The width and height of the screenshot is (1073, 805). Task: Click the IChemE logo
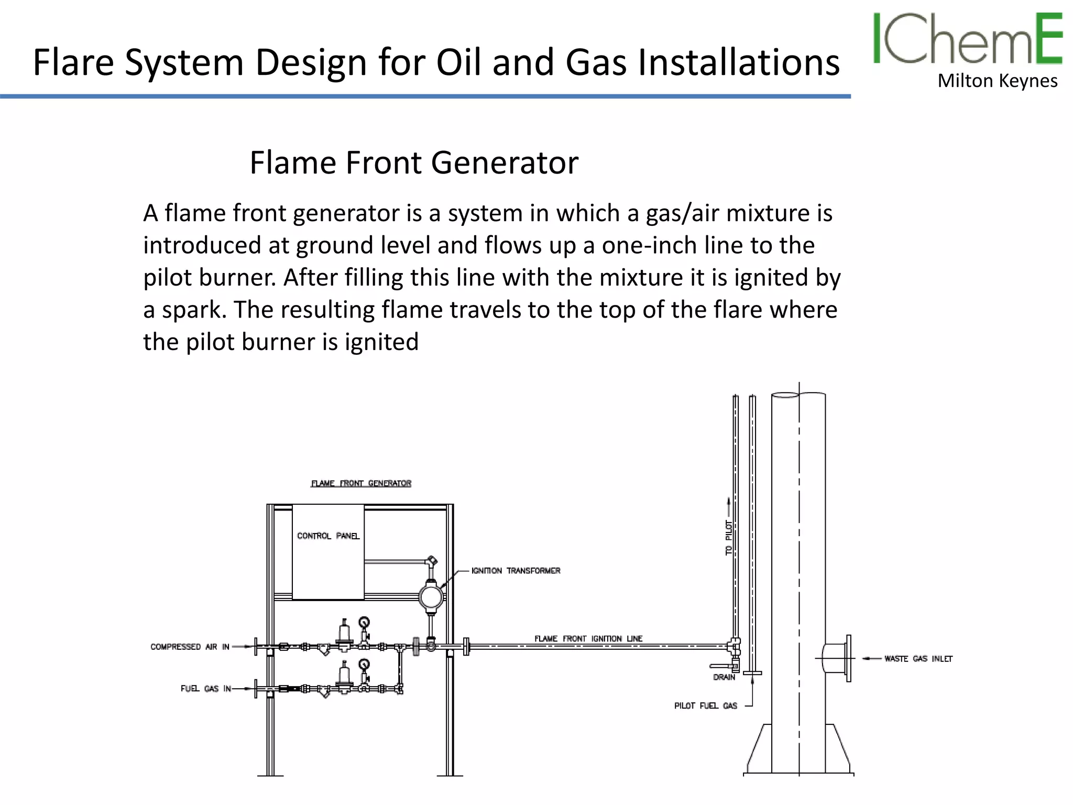[967, 39]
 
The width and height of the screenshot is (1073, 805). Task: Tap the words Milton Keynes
[998, 81]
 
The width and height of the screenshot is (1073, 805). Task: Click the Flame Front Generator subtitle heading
[414, 162]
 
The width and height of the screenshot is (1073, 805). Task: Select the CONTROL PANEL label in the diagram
[328, 536]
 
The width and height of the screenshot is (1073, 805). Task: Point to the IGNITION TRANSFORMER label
[516, 571]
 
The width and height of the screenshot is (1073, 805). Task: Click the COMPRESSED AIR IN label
[190, 647]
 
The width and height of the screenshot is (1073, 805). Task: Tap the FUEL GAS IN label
[205, 689]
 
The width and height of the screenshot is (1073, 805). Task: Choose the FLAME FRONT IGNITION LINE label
[588, 638]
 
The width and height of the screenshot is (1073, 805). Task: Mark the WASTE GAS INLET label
[918, 659]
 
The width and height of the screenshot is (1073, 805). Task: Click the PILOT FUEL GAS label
[705, 706]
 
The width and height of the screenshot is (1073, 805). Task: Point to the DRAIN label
[724, 677]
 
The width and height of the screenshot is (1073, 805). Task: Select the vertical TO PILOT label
[728, 537]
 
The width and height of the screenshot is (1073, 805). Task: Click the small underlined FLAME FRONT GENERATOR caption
[361, 483]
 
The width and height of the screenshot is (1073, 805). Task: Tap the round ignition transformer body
[431, 596]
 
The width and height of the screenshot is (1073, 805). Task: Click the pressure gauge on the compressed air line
[364, 623]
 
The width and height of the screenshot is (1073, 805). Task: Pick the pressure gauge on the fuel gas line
[364, 665]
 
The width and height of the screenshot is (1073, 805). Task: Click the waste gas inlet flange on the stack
[848, 658]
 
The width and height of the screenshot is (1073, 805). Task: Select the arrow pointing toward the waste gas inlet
[871, 659]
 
